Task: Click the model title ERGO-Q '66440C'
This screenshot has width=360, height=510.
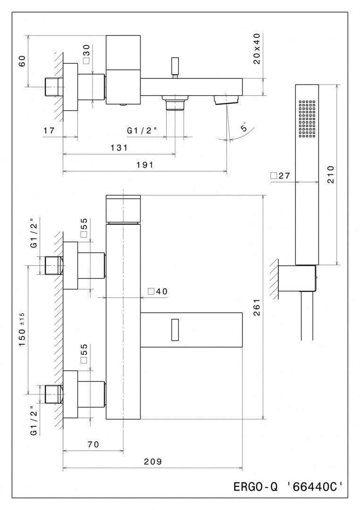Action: [287, 486]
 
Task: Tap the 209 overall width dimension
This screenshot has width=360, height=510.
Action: [153, 462]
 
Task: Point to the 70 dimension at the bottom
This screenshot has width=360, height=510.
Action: [93, 444]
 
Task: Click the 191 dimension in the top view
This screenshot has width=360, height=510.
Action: [145, 165]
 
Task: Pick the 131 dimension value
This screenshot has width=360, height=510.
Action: [119, 148]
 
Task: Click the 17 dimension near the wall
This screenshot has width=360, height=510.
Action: [49, 130]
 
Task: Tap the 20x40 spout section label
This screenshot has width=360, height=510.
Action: [257, 49]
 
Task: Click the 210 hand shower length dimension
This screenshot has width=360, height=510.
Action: [330, 175]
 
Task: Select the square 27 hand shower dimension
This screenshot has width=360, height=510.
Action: [280, 176]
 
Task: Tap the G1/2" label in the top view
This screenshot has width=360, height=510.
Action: [142, 130]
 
